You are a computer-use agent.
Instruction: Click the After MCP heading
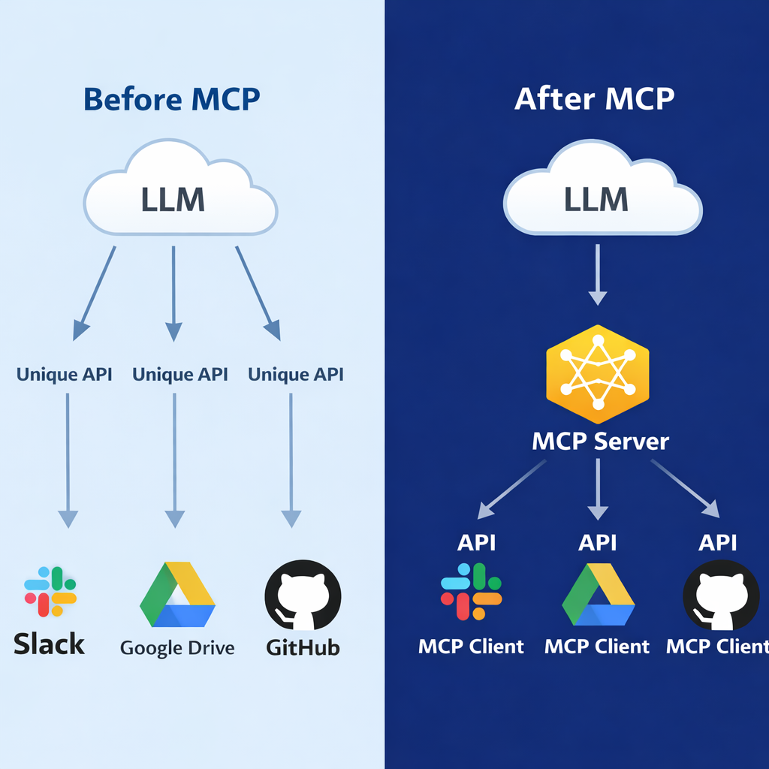[594, 98]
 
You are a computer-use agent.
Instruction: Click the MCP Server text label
[600, 441]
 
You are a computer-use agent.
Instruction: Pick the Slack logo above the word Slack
[50, 592]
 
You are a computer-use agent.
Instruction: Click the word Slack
[50, 644]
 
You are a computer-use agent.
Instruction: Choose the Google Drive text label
[177, 647]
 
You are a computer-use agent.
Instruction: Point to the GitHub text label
[303, 647]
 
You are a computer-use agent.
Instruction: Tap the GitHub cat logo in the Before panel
[303, 595]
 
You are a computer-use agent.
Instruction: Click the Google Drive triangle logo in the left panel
[177, 595]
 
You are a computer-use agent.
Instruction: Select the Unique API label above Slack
[65, 374]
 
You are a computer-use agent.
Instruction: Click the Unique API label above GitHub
[296, 374]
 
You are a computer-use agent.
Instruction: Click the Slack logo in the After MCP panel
[471, 591]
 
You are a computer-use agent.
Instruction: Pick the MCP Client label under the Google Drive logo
[596, 646]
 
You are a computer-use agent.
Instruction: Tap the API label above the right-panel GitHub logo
[717, 542]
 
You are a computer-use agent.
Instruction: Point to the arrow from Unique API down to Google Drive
[174, 458]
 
